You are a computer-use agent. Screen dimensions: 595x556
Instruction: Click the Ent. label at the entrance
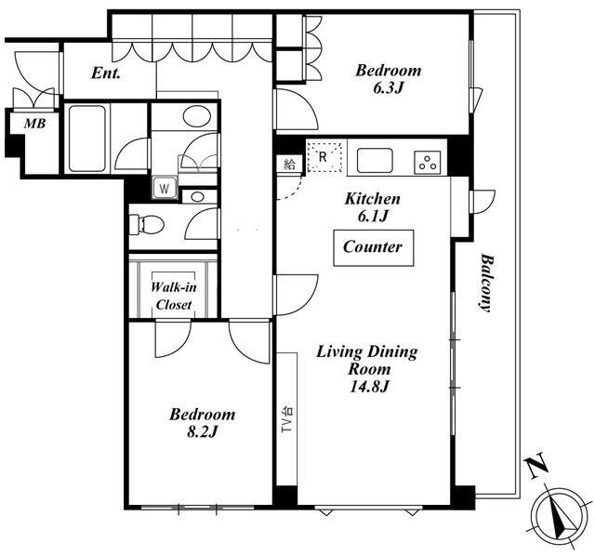point(106,73)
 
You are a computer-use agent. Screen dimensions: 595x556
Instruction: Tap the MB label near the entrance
point(35,123)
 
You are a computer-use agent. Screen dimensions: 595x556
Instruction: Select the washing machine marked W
point(165,188)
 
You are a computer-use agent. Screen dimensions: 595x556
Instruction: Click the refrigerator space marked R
point(324,156)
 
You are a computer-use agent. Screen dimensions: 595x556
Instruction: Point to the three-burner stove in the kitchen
point(428,163)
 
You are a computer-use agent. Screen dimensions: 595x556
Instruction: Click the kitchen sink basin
point(375,160)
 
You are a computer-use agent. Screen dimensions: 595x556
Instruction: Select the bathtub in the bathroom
point(87,139)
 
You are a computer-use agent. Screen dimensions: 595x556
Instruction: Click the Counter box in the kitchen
point(374,248)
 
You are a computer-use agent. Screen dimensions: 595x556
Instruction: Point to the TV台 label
point(287,419)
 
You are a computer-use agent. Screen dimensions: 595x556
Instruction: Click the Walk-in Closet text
point(174,296)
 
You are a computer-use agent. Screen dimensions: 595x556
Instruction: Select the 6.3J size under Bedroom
point(388,88)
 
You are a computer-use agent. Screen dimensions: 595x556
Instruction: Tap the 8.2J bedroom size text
point(202,431)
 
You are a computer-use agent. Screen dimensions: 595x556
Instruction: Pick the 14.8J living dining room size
point(369,387)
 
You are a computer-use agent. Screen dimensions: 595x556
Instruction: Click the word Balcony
point(485,283)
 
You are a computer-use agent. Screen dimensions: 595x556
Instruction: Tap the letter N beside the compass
point(536,466)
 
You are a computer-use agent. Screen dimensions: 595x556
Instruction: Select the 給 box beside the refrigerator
point(289,165)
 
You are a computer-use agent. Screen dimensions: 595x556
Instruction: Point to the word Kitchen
point(372,199)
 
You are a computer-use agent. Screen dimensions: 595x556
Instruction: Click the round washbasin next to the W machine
point(197,197)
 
